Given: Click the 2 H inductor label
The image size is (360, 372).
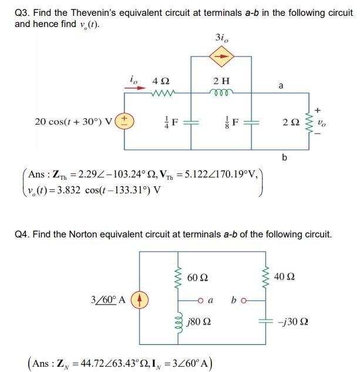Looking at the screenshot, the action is click(x=221, y=81).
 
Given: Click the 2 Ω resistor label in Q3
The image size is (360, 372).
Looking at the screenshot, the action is click(x=290, y=122).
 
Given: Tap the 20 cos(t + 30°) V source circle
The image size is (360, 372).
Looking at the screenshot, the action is click(x=125, y=122).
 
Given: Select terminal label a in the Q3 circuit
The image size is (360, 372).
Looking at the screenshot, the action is click(x=281, y=86).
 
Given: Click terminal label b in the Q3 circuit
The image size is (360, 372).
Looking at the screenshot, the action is click(x=284, y=157).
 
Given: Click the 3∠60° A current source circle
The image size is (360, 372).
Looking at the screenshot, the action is click(x=140, y=299).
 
